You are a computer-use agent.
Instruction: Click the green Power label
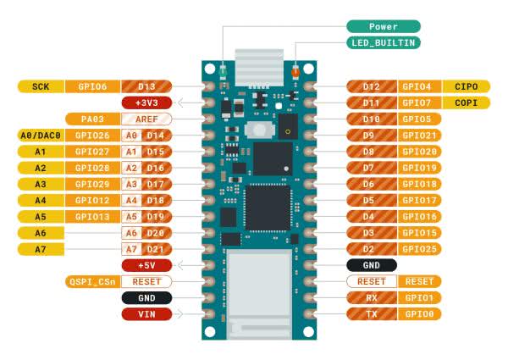point(383,26)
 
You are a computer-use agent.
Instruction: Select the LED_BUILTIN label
point(383,42)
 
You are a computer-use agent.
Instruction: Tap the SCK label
point(41,86)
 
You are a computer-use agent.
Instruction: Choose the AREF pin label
point(146,119)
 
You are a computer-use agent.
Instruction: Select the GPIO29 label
point(91,184)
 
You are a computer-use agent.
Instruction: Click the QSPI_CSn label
point(91,281)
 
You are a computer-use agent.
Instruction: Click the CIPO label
point(466,86)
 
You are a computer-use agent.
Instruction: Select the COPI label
point(466,102)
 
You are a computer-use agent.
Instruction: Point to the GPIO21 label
point(419,136)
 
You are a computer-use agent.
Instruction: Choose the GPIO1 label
point(419,297)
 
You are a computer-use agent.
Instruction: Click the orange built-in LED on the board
point(295,73)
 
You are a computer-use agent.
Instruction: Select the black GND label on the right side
point(371,265)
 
